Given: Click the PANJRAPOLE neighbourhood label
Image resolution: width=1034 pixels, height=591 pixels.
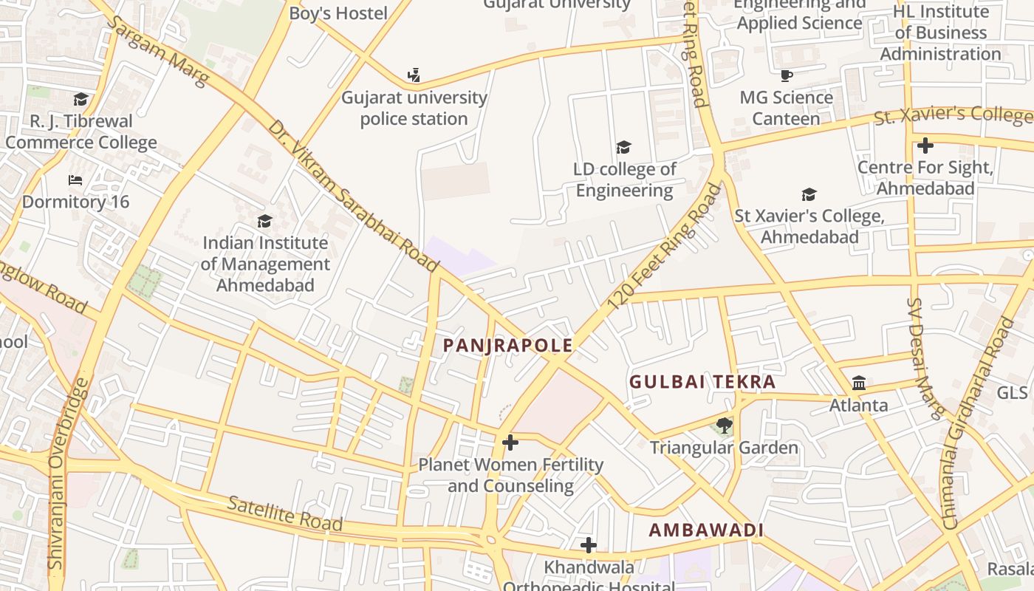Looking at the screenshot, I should [x=507, y=345].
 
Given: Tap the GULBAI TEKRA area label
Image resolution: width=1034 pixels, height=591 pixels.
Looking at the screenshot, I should [x=702, y=382].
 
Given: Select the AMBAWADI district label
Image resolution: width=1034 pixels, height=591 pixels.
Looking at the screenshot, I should [x=706, y=530].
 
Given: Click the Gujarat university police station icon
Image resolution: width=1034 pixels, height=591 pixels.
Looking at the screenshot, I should [x=414, y=75].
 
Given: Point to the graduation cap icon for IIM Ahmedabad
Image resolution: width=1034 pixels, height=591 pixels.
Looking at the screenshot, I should [x=264, y=221].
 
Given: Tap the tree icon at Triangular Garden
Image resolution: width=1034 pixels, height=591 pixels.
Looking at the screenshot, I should [x=724, y=426].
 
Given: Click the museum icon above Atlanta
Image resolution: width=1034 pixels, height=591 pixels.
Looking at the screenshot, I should [x=859, y=383].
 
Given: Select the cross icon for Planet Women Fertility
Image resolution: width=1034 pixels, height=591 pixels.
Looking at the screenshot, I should [x=510, y=443].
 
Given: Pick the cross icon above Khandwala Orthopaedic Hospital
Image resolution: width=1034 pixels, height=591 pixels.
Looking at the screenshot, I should [x=589, y=545].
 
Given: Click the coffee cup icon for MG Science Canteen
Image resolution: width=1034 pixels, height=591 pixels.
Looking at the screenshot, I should [x=787, y=75].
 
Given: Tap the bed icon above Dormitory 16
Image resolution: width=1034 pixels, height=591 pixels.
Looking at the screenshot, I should [x=75, y=180].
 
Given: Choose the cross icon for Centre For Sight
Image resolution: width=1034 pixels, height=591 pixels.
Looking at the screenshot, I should [x=925, y=145].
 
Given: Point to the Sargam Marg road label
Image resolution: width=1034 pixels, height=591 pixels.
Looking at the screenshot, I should [x=157, y=50].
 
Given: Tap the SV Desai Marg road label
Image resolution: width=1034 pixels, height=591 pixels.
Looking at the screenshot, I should [x=926, y=359].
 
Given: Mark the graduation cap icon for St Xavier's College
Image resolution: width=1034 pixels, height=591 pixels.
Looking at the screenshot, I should [x=809, y=194].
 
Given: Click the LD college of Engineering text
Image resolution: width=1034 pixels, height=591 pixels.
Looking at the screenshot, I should [x=625, y=180].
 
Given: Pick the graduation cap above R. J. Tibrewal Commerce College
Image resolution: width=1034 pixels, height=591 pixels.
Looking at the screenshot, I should [x=81, y=99].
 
